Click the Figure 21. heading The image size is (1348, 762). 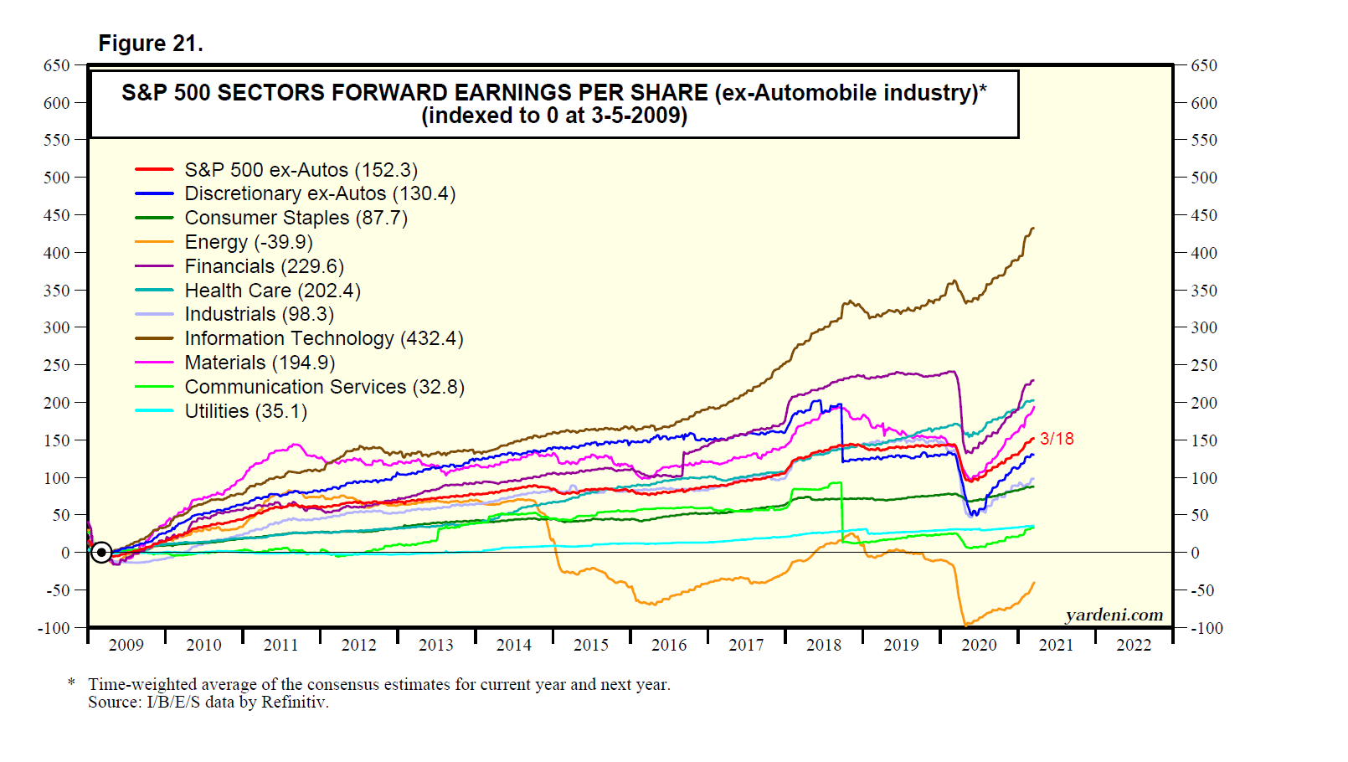point(151,44)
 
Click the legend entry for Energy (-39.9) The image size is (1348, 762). point(249,242)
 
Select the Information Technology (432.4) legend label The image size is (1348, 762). point(323,338)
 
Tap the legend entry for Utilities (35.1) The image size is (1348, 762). point(245,411)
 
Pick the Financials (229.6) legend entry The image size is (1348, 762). point(264,266)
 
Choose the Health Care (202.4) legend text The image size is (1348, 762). point(272,291)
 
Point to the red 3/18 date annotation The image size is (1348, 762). point(1057,439)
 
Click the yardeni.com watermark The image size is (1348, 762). point(1114,615)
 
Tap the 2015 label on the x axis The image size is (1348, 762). point(591,645)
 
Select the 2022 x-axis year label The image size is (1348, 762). point(1134,645)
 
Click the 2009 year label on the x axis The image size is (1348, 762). point(126,645)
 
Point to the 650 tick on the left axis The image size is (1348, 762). point(57,65)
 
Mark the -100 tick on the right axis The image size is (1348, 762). point(1206,628)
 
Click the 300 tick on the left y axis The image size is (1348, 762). point(57,327)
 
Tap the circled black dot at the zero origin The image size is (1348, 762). point(101,553)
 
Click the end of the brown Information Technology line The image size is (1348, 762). point(1033,228)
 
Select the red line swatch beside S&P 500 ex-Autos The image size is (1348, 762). point(154,170)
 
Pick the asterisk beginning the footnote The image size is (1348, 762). point(72,683)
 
